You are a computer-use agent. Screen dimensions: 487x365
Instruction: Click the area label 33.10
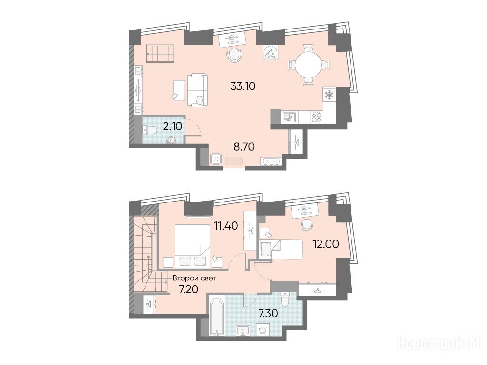pos(243,86)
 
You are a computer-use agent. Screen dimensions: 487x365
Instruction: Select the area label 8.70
pos(244,146)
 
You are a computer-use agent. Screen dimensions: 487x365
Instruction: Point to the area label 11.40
pos(226,225)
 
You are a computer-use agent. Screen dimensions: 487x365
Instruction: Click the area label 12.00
pos(325,244)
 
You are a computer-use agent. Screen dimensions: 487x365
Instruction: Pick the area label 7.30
pos(268,314)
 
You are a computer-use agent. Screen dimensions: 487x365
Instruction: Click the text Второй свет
pos(195,278)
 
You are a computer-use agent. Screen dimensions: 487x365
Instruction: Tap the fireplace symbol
pos(271,52)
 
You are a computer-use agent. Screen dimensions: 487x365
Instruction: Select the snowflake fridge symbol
pos(329,95)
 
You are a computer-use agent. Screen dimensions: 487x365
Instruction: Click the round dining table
pos(309,66)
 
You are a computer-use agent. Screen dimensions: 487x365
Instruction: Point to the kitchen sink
pos(290,117)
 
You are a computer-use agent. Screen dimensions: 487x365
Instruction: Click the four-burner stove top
pos(316,117)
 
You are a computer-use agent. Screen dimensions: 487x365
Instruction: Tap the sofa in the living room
pos(197,90)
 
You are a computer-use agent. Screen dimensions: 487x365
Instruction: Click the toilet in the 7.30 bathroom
pos(284,299)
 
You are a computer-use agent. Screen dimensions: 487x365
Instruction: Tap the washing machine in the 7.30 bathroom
pos(263,331)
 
